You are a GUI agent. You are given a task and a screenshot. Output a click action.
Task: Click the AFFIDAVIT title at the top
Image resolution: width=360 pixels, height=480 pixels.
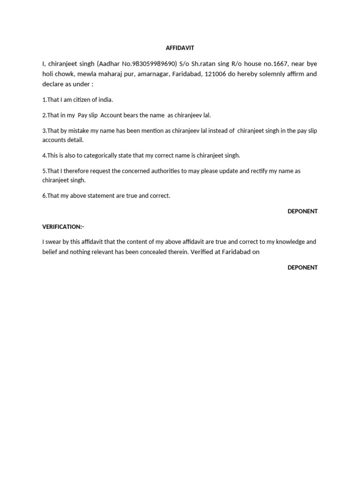pyautogui.click(x=180, y=48)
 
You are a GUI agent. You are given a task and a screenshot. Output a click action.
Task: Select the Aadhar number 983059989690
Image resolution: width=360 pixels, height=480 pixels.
pyautogui.click(x=152, y=64)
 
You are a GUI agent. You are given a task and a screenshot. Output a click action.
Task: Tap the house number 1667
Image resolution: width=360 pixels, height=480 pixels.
pyautogui.click(x=273, y=64)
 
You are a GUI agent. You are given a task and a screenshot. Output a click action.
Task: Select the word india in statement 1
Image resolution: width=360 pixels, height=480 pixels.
pyautogui.click(x=105, y=100)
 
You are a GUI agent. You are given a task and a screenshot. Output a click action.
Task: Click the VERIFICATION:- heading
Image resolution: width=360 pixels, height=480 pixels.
pyautogui.click(x=63, y=227)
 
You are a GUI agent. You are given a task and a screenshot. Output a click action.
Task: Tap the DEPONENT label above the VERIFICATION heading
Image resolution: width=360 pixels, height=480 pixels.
pyautogui.click(x=302, y=211)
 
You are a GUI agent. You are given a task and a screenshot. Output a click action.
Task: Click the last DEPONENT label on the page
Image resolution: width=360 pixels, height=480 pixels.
pyautogui.click(x=302, y=268)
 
